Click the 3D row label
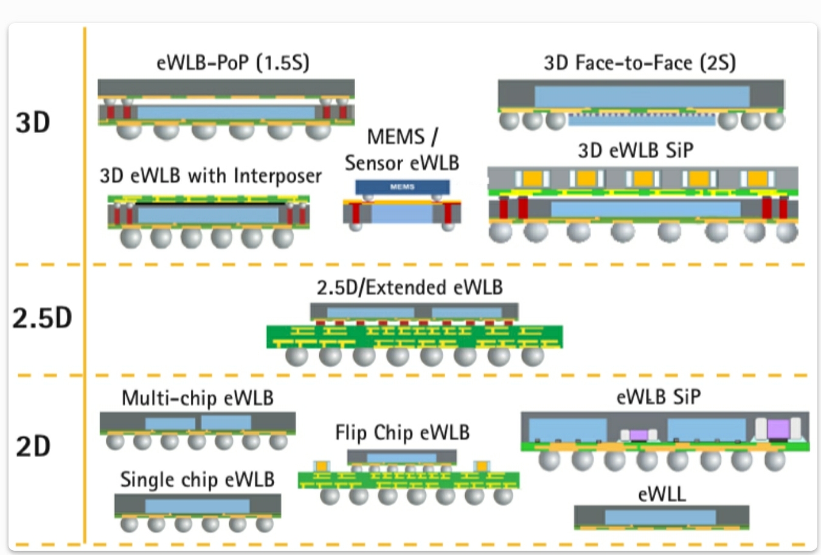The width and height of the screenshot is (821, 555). point(33,122)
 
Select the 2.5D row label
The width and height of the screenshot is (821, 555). point(42,318)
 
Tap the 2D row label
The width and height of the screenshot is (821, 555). point(33,447)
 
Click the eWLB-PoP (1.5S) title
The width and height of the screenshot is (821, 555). point(233,63)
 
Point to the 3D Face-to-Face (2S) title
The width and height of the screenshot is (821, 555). point(639,63)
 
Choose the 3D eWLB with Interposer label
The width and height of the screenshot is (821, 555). point(210,176)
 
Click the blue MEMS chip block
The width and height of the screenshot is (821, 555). point(402,187)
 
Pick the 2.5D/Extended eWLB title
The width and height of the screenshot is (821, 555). point(410,287)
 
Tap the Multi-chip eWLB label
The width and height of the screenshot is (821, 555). point(198,398)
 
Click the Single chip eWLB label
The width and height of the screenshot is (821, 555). point(197,480)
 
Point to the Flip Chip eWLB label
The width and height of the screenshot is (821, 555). point(402,432)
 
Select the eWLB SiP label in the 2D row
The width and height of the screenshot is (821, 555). point(659,397)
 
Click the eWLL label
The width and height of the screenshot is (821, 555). point(662,494)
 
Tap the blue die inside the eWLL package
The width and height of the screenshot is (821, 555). point(660,517)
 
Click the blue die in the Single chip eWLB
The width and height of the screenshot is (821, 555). point(198,506)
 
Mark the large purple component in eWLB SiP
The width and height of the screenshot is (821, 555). point(778,429)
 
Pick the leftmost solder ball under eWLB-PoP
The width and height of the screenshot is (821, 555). point(128,130)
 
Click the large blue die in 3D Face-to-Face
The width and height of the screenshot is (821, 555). point(642,96)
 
